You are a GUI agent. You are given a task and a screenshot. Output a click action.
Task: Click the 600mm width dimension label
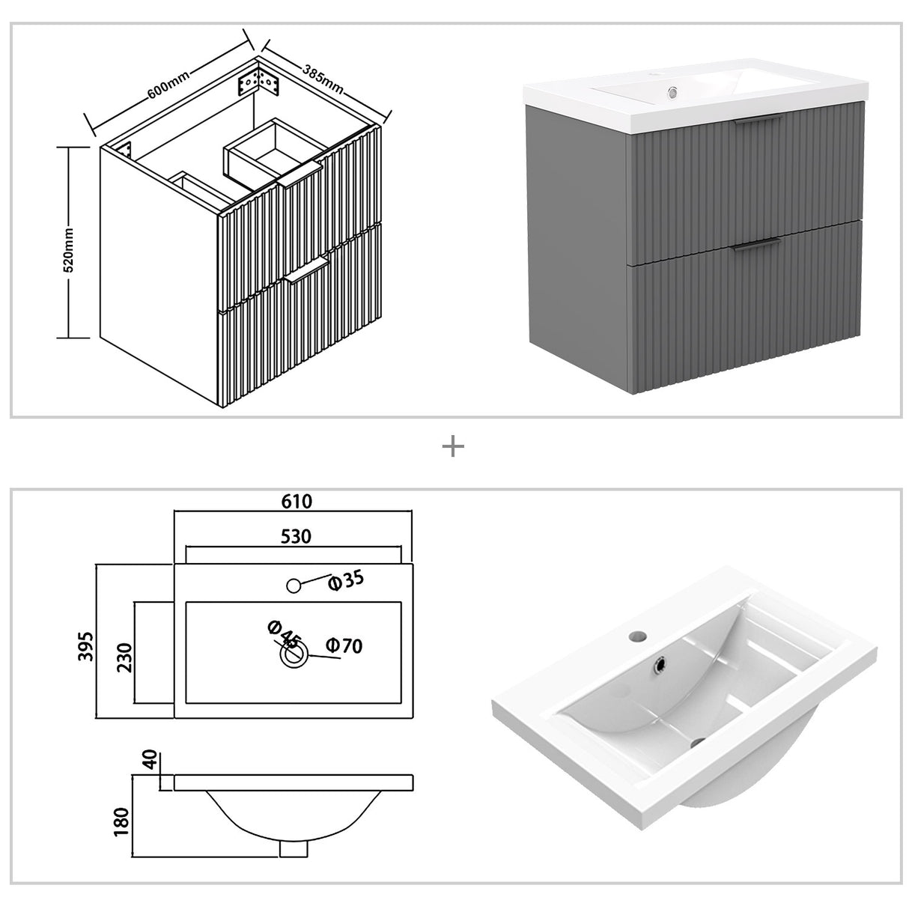(x=168, y=82)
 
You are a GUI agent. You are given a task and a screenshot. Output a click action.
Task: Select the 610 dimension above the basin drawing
(x=297, y=501)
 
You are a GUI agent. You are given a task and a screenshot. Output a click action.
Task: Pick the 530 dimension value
(x=296, y=535)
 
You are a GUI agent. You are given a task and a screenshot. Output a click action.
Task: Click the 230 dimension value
(x=124, y=657)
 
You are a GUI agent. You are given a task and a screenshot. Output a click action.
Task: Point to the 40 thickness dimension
(x=149, y=761)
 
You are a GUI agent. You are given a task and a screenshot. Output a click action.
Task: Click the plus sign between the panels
(x=454, y=447)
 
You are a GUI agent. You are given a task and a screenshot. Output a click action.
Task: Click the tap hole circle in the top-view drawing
(x=294, y=585)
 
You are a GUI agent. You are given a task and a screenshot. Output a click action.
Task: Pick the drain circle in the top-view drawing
(x=294, y=656)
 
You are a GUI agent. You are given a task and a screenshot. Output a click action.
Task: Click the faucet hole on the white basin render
(x=638, y=635)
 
